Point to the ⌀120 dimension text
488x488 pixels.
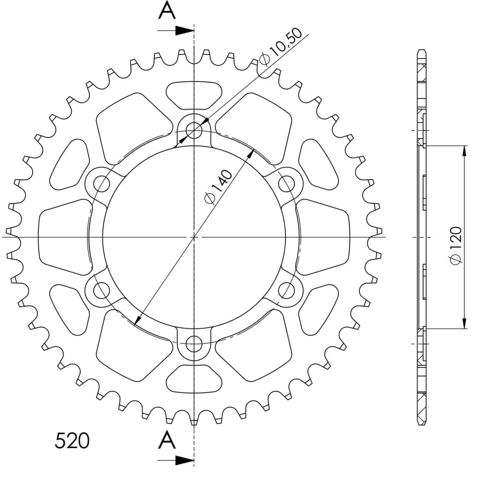456,246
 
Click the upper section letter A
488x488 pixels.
167,10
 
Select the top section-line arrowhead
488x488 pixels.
185,30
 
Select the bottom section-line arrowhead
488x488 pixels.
185,460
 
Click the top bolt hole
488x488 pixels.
194,131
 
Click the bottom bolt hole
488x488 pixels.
194,344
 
